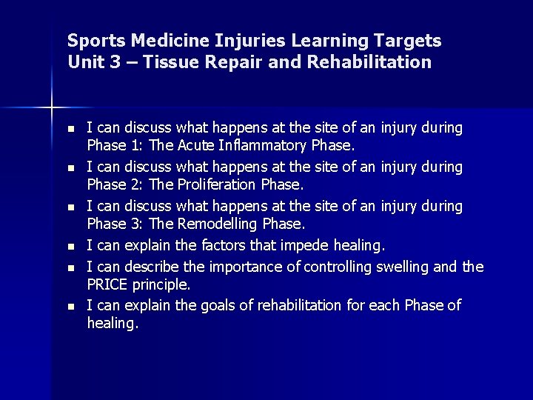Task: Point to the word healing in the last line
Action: tap(112, 323)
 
